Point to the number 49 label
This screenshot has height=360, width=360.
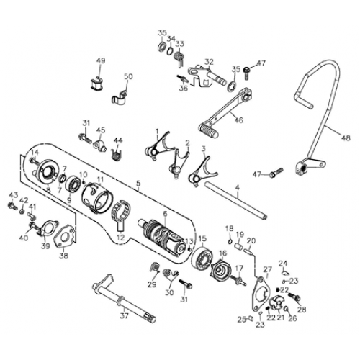[101, 61]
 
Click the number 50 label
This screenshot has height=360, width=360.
[128, 76]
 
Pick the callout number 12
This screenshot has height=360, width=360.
[121, 237]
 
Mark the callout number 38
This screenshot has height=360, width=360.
[64, 256]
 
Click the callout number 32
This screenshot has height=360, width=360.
[209, 61]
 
